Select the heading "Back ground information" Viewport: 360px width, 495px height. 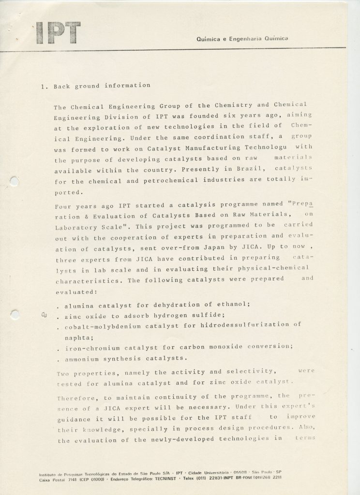click(102, 86)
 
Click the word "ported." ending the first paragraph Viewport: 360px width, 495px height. click(68, 192)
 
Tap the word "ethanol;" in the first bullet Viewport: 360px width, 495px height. click(233, 305)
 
